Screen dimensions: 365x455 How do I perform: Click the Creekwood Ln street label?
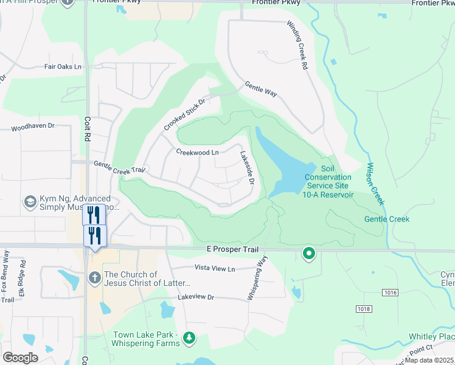point(197,152)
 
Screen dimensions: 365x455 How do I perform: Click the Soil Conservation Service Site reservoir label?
point(328,181)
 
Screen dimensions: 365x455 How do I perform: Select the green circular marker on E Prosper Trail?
point(309,253)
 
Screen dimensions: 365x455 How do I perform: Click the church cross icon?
point(94,277)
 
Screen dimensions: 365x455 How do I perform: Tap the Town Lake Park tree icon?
point(190,337)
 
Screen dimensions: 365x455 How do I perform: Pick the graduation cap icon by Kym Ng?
point(30,201)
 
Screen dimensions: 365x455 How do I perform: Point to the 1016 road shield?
point(391,293)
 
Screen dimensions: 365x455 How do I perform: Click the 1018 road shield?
point(364,309)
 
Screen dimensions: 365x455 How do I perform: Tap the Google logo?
point(20,357)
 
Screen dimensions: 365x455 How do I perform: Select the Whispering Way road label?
point(257,277)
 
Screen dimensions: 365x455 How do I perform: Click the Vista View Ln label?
point(214,268)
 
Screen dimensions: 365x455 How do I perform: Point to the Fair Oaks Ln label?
point(63,67)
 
